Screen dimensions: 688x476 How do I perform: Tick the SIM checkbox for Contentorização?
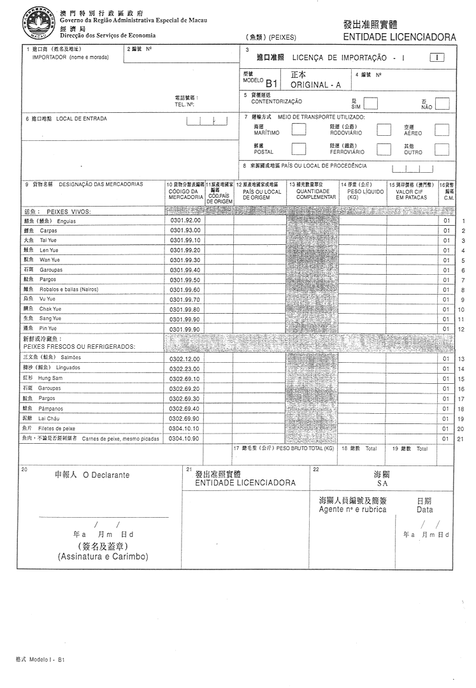pyautogui.click(x=371, y=103)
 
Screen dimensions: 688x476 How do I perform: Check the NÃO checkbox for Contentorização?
pyautogui.click(x=442, y=103)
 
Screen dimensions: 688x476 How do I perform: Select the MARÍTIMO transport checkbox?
pyautogui.click(x=298, y=130)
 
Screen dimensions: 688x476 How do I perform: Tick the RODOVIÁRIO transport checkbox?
pyautogui.click(x=384, y=130)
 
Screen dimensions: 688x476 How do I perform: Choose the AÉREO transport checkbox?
pyautogui.click(x=442, y=130)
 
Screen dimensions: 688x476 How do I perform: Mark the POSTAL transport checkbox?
pyautogui.click(x=298, y=149)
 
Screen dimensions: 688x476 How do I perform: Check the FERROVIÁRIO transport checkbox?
pyautogui.click(x=384, y=149)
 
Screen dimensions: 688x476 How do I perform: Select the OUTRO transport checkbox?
pyautogui.click(x=442, y=149)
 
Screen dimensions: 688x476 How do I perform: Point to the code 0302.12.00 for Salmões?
pyautogui.click(x=185, y=359)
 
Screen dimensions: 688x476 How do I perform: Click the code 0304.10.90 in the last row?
pyautogui.click(x=185, y=439)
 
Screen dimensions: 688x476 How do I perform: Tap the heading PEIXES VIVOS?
pyautogui.click(x=68, y=211)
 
